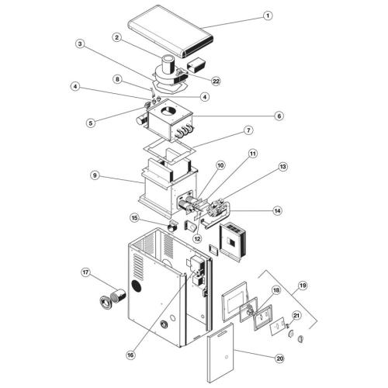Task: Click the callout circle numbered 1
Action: tap(268, 15)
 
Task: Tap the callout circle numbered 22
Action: tap(216, 81)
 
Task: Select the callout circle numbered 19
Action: tap(302, 286)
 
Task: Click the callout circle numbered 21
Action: tap(296, 316)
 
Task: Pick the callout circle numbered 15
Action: tap(134, 218)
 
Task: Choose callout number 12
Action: tap(196, 238)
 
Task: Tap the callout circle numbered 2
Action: tap(116, 36)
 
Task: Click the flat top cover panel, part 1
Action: tap(171, 31)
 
